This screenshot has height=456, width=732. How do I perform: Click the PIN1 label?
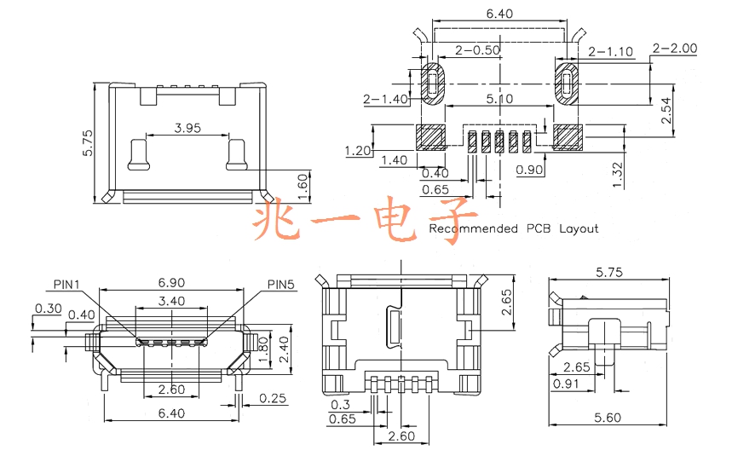coord(66,284)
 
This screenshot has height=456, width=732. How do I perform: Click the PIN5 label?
coord(281,284)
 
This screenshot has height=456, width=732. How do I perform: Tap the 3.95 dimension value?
coord(187,128)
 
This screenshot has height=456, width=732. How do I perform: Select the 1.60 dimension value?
coord(303,187)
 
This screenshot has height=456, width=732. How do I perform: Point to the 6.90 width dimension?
coord(171,282)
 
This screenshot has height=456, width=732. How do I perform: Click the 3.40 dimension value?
coord(171,301)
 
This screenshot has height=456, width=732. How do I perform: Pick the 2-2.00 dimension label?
coord(675,48)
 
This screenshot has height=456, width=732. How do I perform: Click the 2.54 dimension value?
coord(666,111)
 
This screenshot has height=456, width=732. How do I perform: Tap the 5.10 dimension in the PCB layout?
coord(499,99)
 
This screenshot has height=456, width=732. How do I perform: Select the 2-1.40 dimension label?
coord(386,99)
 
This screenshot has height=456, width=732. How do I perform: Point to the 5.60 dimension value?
coord(608,418)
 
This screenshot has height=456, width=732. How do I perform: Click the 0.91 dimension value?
coord(566,384)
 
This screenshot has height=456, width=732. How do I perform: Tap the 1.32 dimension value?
coord(617,175)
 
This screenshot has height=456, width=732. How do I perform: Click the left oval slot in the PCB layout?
coord(433,84)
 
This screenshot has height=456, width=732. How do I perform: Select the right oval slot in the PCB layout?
coord(567,84)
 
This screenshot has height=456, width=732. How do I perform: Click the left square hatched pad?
coord(430,137)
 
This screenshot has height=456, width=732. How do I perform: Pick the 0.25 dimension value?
coord(273,398)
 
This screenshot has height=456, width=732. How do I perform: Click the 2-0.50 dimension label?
coord(477,50)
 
